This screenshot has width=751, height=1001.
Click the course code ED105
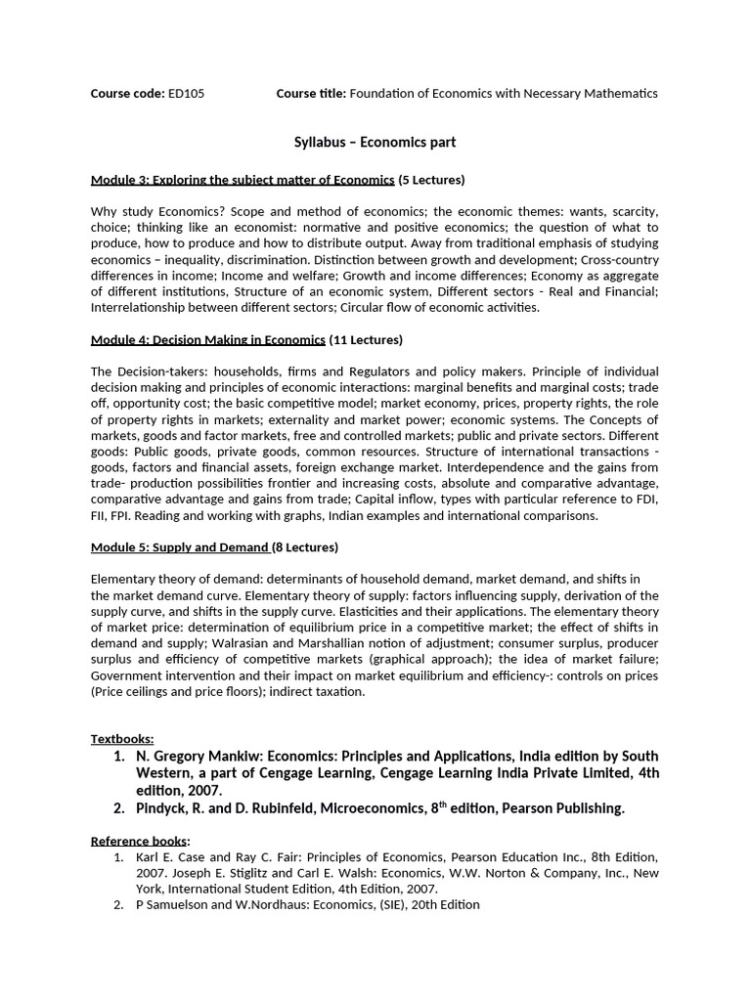click(x=186, y=93)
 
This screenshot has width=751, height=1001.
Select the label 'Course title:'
click(x=311, y=93)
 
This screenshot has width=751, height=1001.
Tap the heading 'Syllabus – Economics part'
click(x=375, y=143)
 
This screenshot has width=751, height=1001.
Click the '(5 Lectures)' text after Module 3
click(x=431, y=180)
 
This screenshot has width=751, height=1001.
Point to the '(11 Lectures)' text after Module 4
click(x=366, y=340)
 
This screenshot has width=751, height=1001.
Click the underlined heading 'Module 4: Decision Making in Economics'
click(x=207, y=340)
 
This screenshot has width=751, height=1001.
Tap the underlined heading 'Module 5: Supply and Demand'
click(x=179, y=547)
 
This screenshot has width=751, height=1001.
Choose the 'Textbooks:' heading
click(x=122, y=739)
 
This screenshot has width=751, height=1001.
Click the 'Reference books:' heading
click(x=140, y=841)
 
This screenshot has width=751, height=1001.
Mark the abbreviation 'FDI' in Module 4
click(x=646, y=500)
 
